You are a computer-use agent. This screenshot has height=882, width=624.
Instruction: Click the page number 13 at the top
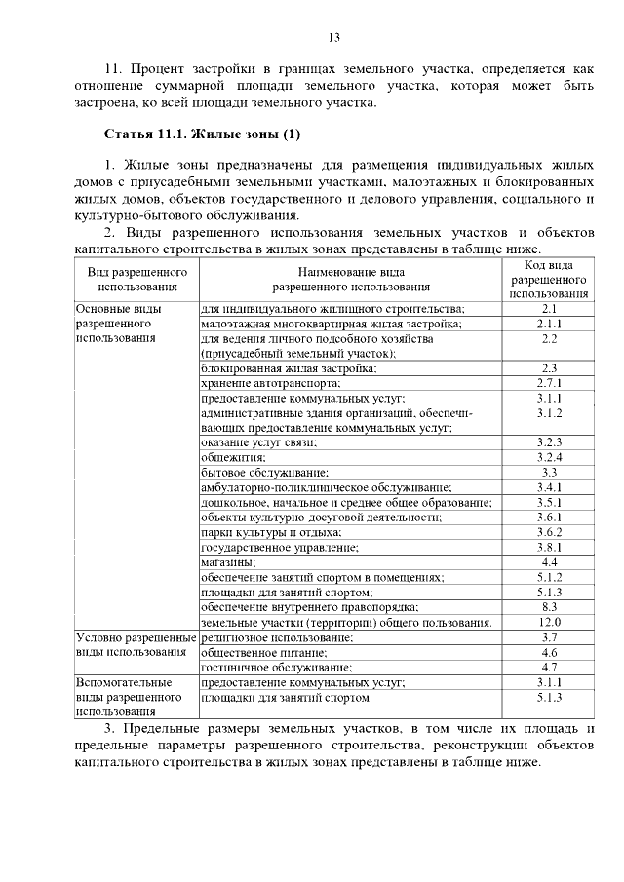[333, 38]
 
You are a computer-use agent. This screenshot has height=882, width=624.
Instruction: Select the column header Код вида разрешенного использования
[549, 278]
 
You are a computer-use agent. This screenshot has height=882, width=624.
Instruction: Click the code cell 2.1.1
[549, 324]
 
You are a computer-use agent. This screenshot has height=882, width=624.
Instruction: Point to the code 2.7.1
[549, 383]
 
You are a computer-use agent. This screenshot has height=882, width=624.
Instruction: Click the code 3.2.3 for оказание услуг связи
[549, 442]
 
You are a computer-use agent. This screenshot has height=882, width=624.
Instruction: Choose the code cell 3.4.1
[549, 486]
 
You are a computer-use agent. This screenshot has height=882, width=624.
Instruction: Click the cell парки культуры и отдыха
[271, 532]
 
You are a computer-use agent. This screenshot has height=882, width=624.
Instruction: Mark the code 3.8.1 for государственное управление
[549, 547]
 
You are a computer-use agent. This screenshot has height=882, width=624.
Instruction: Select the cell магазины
[228, 562]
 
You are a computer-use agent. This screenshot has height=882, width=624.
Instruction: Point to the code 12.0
[549, 622]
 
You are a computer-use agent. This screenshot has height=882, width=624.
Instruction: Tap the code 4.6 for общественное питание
[549, 652]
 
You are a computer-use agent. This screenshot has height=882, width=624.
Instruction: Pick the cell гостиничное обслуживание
[276, 668]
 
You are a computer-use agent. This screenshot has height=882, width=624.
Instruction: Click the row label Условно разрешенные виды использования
[136, 644]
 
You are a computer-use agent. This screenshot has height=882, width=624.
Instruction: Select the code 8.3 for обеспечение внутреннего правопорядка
[549, 606]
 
